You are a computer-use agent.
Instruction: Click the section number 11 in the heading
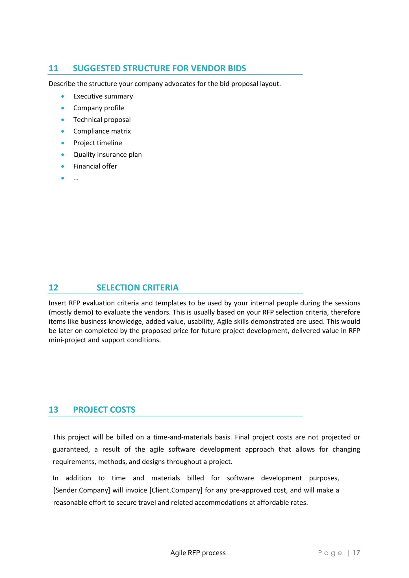[53, 68]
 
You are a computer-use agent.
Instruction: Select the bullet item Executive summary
[103, 96]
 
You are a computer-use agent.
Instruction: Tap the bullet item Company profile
[99, 108]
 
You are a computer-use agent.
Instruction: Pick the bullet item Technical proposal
[102, 120]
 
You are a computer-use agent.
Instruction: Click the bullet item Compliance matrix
[102, 131]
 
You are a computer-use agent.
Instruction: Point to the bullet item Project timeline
[97, 143]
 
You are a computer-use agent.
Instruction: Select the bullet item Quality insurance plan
[107, 155]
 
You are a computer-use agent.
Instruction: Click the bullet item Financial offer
[95, 166]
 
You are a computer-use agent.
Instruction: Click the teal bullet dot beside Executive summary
[63, 97]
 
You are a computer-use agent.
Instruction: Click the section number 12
[53, 288]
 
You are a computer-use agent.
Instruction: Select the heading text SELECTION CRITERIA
[137, 288]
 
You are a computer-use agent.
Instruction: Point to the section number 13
[53, 410]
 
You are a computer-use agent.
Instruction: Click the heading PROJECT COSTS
[104, 410]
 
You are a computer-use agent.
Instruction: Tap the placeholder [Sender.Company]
[81, 490]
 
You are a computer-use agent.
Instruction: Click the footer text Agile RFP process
[198, 553]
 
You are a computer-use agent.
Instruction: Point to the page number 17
[356, 553]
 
